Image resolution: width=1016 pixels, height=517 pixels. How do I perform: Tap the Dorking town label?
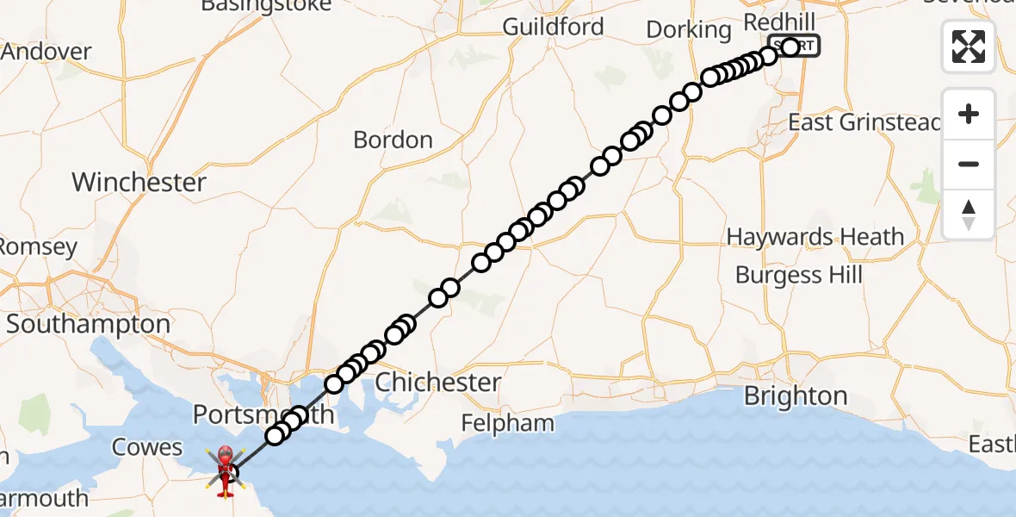(688, 29)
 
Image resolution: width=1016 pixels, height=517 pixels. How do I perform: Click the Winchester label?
(139, 183)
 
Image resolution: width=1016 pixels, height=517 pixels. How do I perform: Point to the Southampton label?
(89, 325)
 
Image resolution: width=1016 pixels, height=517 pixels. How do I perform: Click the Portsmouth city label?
(262, 414)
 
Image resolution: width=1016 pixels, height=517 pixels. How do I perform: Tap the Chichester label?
(438, 382)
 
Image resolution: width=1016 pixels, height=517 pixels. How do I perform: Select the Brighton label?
(795, 396)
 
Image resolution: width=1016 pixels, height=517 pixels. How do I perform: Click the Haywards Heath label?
(815, 237)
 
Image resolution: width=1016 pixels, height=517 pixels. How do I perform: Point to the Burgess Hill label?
(798, 276)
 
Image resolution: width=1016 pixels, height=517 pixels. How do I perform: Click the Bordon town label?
(393, 140)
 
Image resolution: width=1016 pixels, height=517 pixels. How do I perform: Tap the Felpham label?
(506, 423)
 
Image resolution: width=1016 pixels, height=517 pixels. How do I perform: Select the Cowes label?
(147, 448)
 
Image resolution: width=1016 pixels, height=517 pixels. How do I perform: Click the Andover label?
(46, 52)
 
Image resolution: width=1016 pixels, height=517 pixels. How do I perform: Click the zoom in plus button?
(969, 115)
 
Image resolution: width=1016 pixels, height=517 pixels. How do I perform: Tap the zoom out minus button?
(969, 164)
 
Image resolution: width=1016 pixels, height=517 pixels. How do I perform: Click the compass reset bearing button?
(969, 214)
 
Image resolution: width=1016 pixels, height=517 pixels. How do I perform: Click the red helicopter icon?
(224, 470)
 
